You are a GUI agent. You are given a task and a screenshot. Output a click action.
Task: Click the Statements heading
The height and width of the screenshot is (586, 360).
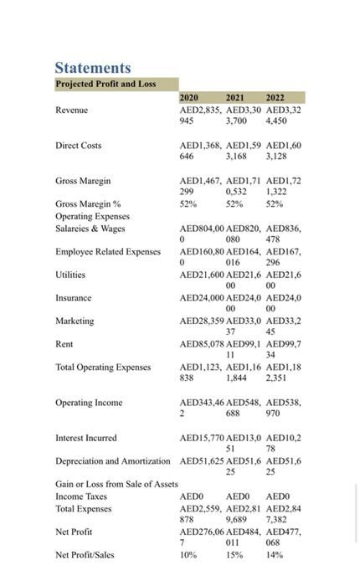tap(93, 67)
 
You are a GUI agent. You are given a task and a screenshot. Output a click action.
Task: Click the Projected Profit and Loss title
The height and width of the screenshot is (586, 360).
tap(105, 84)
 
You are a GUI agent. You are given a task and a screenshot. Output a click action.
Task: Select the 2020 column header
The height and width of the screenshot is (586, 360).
tap(189, 98)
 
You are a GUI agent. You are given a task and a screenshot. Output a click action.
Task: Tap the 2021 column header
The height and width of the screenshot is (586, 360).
tap(235, 98)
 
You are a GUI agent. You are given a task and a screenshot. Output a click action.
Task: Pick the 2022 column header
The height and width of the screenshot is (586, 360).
tap(275, 98)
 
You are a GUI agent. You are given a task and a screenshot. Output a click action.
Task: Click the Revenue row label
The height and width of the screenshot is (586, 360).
tap(71, 110)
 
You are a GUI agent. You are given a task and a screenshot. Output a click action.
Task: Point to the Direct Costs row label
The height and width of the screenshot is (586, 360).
tap(78, 146)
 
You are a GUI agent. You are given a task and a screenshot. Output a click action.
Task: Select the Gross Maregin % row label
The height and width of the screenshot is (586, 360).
tap(88, 203)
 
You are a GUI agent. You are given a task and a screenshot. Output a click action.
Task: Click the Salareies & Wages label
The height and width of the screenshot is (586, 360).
tap(90, 228)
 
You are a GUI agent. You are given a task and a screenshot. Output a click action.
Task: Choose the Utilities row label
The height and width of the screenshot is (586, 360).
tap(70, 275)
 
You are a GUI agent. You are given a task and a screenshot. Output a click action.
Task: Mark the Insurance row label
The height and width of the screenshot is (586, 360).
tap(74, 297)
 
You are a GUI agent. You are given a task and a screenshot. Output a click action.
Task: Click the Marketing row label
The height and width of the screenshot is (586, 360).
tap(75, 321)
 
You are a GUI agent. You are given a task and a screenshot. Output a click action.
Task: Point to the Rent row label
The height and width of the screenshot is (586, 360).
tap(64, 344)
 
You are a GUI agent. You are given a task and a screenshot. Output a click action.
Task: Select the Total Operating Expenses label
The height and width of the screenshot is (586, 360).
tap(103, 367)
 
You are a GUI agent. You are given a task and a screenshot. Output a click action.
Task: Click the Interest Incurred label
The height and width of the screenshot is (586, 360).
tap(86, 438)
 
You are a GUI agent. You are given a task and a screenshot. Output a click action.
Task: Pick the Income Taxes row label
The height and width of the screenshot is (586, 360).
tap(81, 496)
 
